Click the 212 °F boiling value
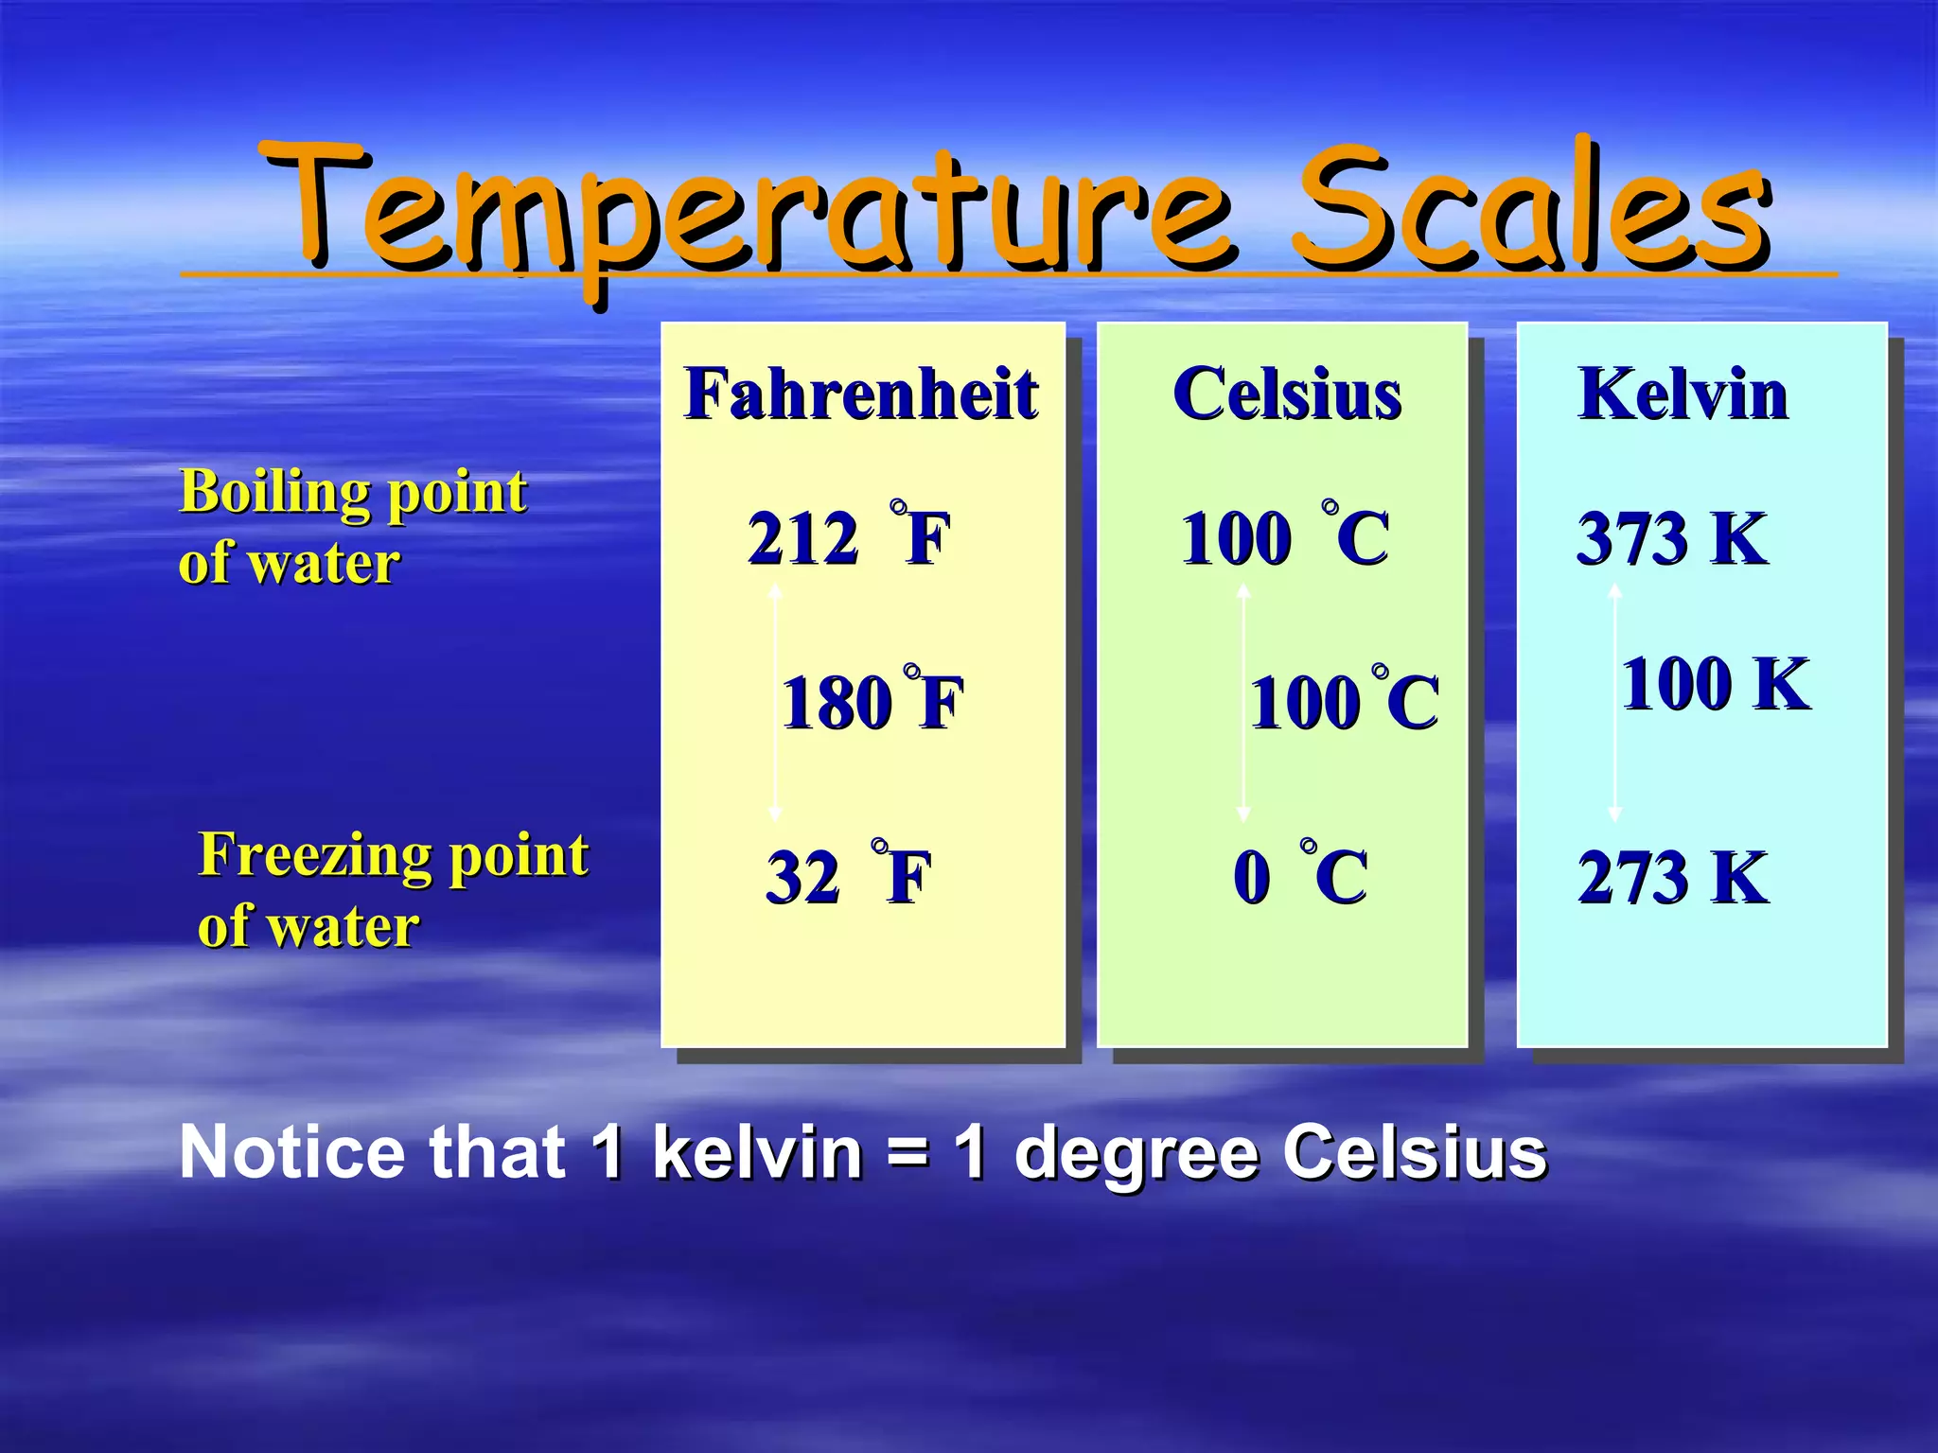point(847,537)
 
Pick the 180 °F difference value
point(872,702)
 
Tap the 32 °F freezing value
point(848,876)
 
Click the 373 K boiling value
point(1671,538)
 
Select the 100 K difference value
point(1716,683)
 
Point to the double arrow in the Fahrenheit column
point(775,702)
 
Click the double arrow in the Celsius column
point(1243,702)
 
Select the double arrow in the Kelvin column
point(1615,702)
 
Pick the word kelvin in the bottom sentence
point(757,1152)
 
